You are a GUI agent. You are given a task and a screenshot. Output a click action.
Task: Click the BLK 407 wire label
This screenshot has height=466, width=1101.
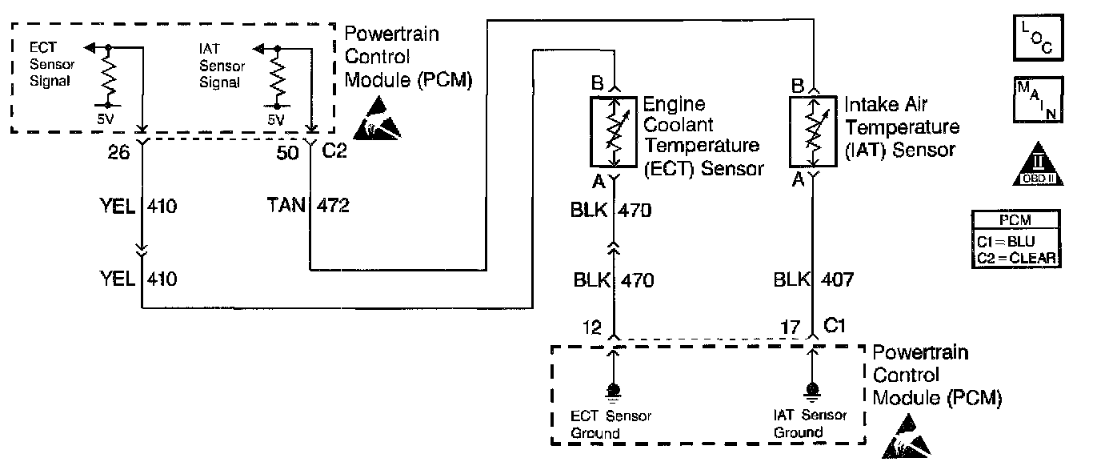tap(813, 280)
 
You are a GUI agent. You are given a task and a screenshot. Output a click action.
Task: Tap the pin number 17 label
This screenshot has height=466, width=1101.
tap(790, 327)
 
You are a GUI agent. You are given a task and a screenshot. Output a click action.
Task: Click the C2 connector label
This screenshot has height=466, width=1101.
tap(334, 151)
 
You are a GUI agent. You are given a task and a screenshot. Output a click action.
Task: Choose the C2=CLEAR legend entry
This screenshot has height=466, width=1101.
tap(1016, 257)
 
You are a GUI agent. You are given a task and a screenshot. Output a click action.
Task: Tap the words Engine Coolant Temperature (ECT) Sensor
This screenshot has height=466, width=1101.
tap(701, 136)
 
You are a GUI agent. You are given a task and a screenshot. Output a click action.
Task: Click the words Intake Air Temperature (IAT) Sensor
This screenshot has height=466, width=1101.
tap(902, 127)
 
